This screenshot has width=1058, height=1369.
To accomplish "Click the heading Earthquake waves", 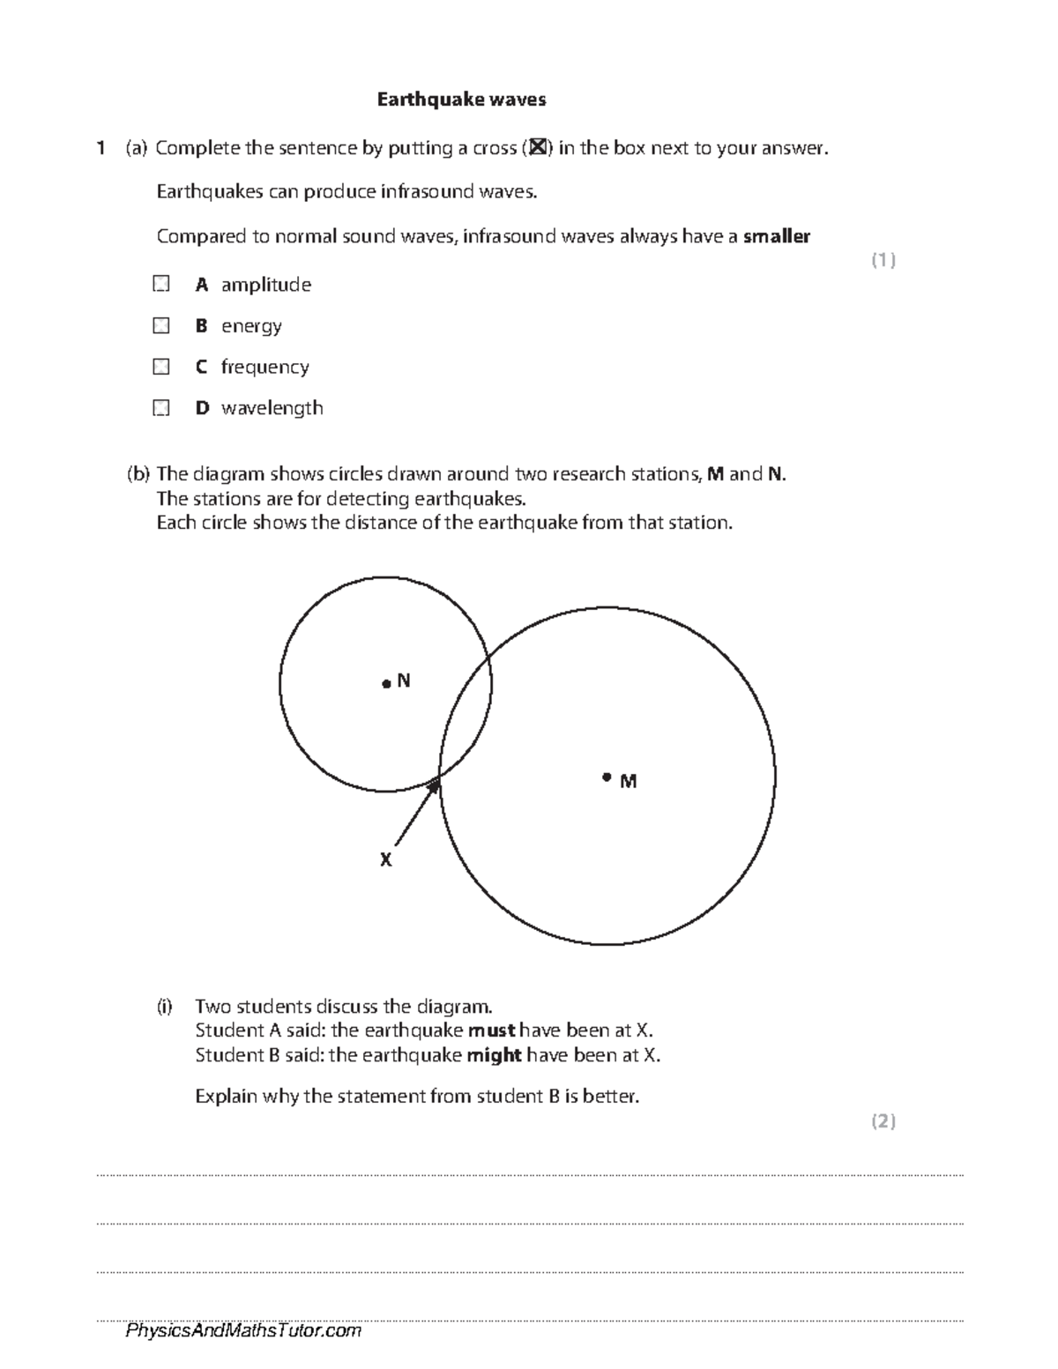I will (x=461, y=100).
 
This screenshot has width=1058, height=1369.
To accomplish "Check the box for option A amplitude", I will (x=160, y=284).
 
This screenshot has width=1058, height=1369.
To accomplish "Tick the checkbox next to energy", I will (x=160, y=325).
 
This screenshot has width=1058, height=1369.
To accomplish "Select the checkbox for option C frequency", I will (x=160, y=366).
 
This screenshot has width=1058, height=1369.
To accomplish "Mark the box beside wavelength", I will (x=160, y=407).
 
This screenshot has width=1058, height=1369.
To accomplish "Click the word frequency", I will (x=264, y=367).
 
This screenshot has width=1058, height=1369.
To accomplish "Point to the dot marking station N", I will (x=385, y=683).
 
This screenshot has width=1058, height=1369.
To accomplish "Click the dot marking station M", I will (x=607, y=777).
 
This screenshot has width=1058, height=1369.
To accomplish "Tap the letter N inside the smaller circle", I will (x=404, y=681).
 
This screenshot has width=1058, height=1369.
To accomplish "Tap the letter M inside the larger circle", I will (x=628, y=781).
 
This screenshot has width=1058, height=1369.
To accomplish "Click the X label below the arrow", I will (x=385, y=859).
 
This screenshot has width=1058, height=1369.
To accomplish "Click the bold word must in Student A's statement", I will (x=491, y=1030).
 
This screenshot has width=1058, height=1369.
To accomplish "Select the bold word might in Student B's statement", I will (x=494, y=1055).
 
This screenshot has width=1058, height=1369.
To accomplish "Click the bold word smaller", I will (x=776, y=236).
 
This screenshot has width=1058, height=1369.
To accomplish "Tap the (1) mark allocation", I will (x=883, y=260).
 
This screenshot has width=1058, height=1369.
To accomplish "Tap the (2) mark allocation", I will (x=883, y=1121).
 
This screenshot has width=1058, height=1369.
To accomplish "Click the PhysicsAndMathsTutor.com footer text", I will (x=243, y=1331).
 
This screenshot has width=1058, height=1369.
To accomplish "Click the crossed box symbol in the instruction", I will (x=537, y=148).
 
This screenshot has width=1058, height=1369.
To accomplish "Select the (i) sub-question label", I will (x=164, y=1007).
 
